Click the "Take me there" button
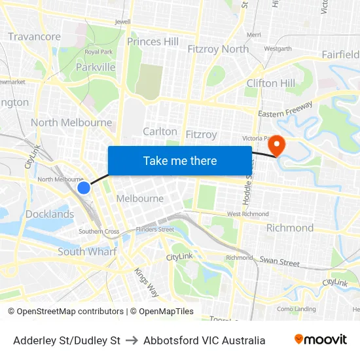coord(180,160)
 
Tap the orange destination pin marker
coord(278,145)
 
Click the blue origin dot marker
coord(84,188)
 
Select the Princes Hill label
coord(153,42)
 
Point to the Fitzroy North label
coord(218,49)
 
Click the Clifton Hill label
coord(270,83)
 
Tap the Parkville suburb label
coord(96,67)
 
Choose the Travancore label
coord(35,37)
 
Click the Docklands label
coord(50,214)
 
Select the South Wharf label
coord(87,251)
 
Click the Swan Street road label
coord(279,262)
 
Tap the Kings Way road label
coord(146,280)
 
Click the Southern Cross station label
coord(99,232)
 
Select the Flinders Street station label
coord(155,230)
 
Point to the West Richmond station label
coord(247,214)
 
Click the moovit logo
coord(320,340)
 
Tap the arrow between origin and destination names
coord(132,340)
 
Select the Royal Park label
coord(99,52)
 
